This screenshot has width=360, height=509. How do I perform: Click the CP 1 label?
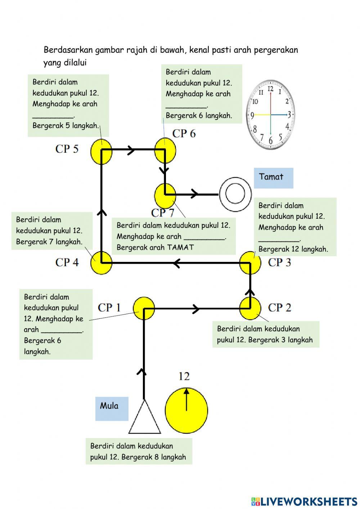pos(109,308)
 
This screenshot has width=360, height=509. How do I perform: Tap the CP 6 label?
pos(184,134)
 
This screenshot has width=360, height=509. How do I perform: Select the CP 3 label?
pos(279,263)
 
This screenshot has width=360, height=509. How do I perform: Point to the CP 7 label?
pos(163,213)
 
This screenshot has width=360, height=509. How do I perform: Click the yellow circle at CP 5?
pos(101,151)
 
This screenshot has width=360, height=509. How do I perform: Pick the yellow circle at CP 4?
pos(101,263)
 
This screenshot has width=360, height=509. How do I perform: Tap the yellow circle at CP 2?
pos(250,308)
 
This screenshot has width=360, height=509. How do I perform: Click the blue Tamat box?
pos(273,178)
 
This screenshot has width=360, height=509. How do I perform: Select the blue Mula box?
pos(112,408)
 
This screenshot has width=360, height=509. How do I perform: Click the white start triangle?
pos(144,420)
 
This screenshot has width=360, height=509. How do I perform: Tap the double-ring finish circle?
pos(235,195)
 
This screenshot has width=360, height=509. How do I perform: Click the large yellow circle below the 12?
pos(186,410)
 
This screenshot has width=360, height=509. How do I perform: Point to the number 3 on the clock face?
pos(289,115)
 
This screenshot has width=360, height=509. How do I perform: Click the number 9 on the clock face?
pos(252,115)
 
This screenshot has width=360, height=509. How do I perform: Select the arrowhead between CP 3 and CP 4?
pos(176,263)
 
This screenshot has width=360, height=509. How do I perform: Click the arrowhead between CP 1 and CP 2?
pos(196,309)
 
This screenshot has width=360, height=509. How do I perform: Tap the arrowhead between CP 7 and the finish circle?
pos(195,194)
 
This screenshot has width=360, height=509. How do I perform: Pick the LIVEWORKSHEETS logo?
pos(304,501)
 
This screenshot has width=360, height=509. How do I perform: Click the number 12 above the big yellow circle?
pos(184,376)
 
